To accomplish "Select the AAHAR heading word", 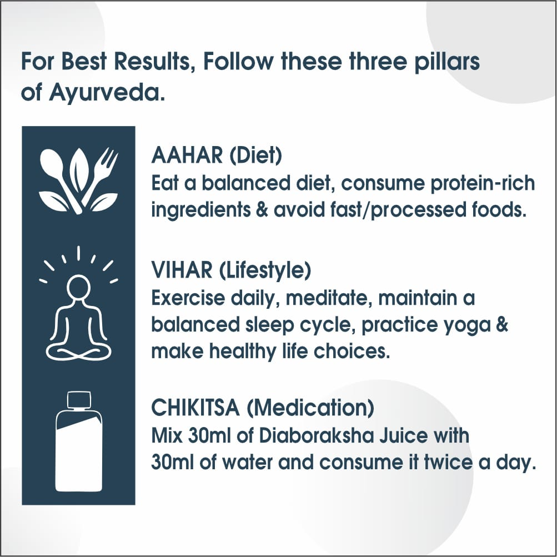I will [187, 156].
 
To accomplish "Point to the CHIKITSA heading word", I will [195, 409].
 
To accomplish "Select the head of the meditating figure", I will [78, 288].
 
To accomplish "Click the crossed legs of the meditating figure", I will [78, 349].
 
